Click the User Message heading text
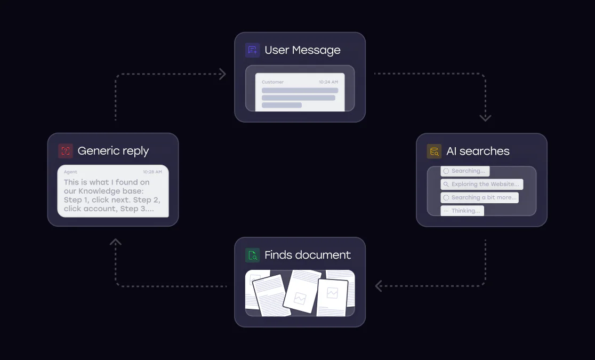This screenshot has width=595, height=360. coord(302,50)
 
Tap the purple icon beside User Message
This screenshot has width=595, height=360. coord(253,50)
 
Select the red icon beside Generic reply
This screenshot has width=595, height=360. coord(65,151)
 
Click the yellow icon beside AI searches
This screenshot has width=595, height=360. coord(434,151)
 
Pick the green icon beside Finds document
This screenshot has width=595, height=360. coord(253,255)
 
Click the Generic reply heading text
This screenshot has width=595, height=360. coord(113,151)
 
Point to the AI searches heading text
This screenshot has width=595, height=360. coord(478,151)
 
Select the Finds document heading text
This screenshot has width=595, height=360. coord(308,255)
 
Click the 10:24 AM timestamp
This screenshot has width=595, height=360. coord(328,82)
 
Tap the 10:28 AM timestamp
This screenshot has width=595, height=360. coord(152,172)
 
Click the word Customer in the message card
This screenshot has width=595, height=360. coord(272,82)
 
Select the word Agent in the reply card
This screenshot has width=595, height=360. coord(70,172)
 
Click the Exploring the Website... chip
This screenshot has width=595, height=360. coord(481,184)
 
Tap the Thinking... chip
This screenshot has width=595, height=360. coord(462,211)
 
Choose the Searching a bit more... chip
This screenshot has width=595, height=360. coord(479,197)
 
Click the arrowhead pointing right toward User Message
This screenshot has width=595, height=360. coord(222,74)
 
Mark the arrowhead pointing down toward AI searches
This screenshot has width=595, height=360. coord(485,118)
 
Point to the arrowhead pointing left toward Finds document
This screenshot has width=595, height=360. coord(379,286)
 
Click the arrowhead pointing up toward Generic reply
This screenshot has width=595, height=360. coord(116,242)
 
